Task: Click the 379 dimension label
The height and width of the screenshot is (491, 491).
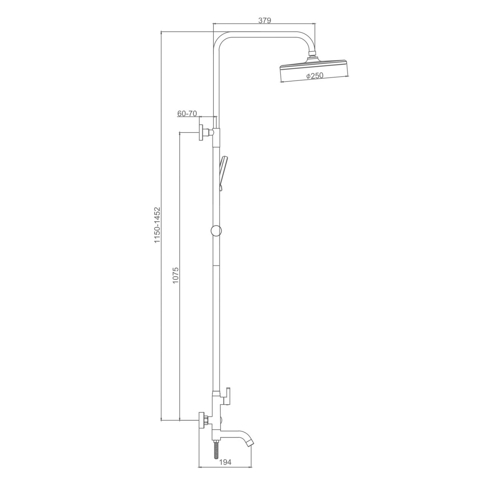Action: pos(264,20)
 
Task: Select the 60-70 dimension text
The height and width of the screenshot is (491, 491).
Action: pos(187,113)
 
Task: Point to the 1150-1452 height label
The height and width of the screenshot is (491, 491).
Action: pos(157,225)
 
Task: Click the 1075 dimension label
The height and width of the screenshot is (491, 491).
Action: pos(176,275)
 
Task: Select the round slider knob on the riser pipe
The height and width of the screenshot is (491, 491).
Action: pos(216,231)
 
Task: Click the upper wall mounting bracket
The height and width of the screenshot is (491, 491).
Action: pos(205,133)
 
